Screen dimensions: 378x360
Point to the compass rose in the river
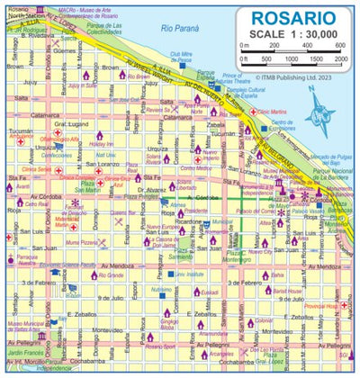point(318,116)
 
